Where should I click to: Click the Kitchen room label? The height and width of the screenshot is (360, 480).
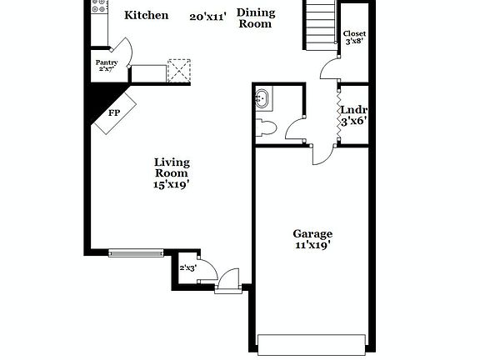(x=146, y=15)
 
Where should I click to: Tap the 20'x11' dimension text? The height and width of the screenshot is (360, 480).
(x=208, y=16)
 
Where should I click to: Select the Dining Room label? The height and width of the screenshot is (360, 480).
(x=255, y=18)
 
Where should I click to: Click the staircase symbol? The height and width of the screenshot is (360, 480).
(x=318, y=25)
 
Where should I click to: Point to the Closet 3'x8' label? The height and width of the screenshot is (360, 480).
(x=355, y=37)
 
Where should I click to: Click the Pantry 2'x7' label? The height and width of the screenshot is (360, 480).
(x=106, y=65)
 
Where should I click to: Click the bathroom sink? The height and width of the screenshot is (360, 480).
(x=262, y=98)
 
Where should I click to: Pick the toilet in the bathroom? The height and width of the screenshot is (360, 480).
(x=266, y=127)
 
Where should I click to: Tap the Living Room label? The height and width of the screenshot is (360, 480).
(x=172, y=167)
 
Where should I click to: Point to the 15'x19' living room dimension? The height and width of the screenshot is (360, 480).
(x=171, y=186)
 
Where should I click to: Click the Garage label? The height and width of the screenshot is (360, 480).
(x=312, y=234)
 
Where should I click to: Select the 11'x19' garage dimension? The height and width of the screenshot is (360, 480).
(x=312, y=247)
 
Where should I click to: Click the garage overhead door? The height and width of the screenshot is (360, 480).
(x=312, y=344)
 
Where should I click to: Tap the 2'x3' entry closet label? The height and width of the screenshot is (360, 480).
(x=187, y=267)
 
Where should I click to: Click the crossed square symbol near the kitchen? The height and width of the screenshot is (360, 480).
(x=179, y=70)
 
